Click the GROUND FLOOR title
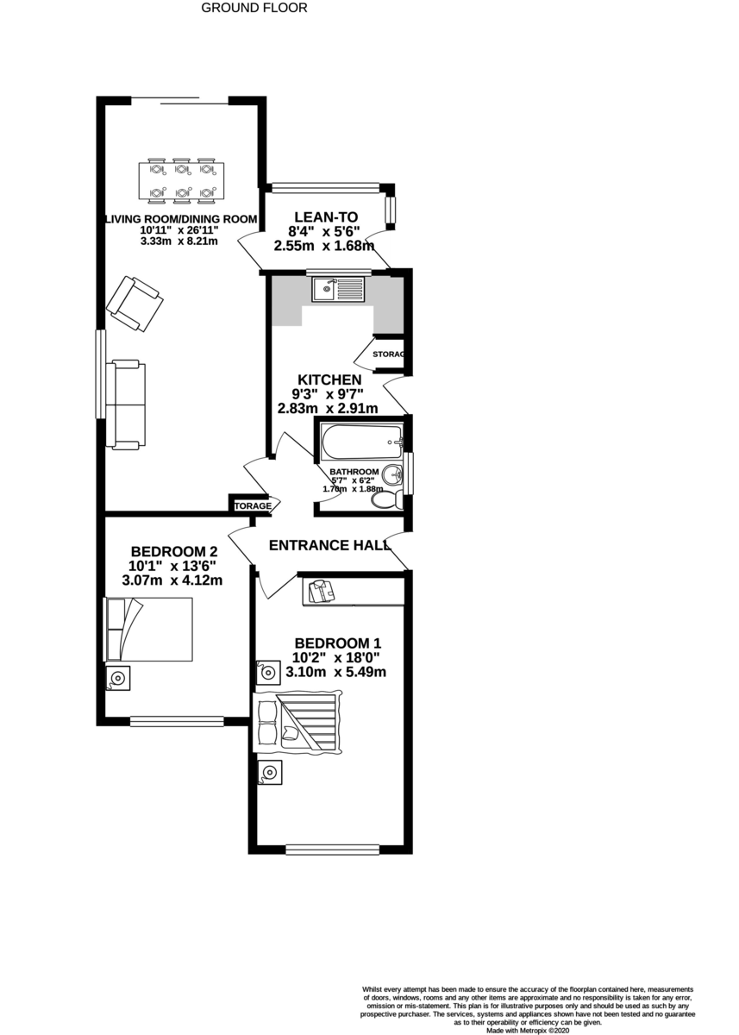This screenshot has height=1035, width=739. (254, 8)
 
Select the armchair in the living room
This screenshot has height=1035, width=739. (135, 303)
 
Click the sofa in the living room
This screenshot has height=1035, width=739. (126, 405)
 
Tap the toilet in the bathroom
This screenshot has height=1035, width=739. (392, 500)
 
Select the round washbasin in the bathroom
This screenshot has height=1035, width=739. (392, 474)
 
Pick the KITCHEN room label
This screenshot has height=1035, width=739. (329, 379)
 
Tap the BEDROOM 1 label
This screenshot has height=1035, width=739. (337, 643)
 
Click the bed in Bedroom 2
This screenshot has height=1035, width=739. (148, 630)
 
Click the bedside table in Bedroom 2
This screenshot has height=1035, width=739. (117, 678)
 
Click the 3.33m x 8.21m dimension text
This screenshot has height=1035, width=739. (180, 241)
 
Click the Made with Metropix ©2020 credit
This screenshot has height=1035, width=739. (528, 1030)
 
